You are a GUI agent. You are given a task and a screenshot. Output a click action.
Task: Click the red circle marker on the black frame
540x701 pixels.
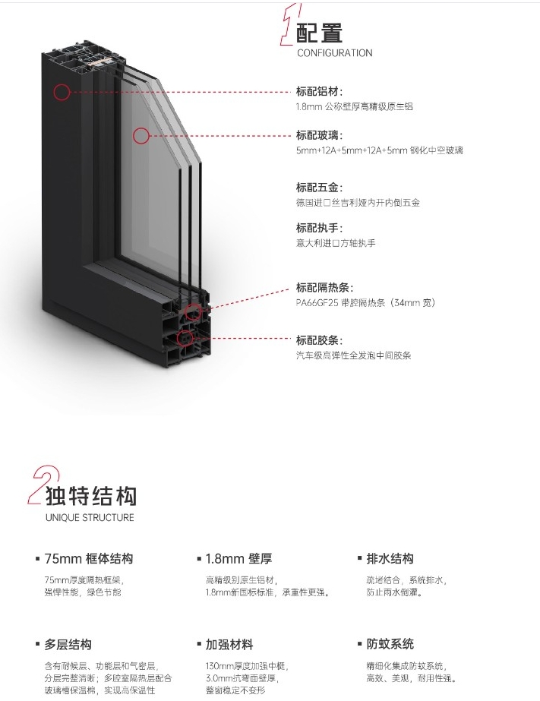point(54,92)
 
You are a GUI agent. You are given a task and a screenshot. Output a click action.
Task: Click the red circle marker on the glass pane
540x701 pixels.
point(134,135)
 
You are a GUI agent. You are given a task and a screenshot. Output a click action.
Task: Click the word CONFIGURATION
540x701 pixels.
point(335,52)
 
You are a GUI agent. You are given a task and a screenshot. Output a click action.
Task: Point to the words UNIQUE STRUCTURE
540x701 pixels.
point(90,517)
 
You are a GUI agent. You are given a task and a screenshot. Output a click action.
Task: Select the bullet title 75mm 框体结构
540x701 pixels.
point(89,559)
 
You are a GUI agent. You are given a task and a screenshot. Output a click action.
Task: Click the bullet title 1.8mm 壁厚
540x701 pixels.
point(238,559)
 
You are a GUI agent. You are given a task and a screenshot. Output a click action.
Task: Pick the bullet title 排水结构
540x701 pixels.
point(390,559)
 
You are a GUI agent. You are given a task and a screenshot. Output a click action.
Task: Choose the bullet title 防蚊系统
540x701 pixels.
point(390,644)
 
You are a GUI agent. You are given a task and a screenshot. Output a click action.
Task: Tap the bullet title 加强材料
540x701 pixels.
point(229,645)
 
